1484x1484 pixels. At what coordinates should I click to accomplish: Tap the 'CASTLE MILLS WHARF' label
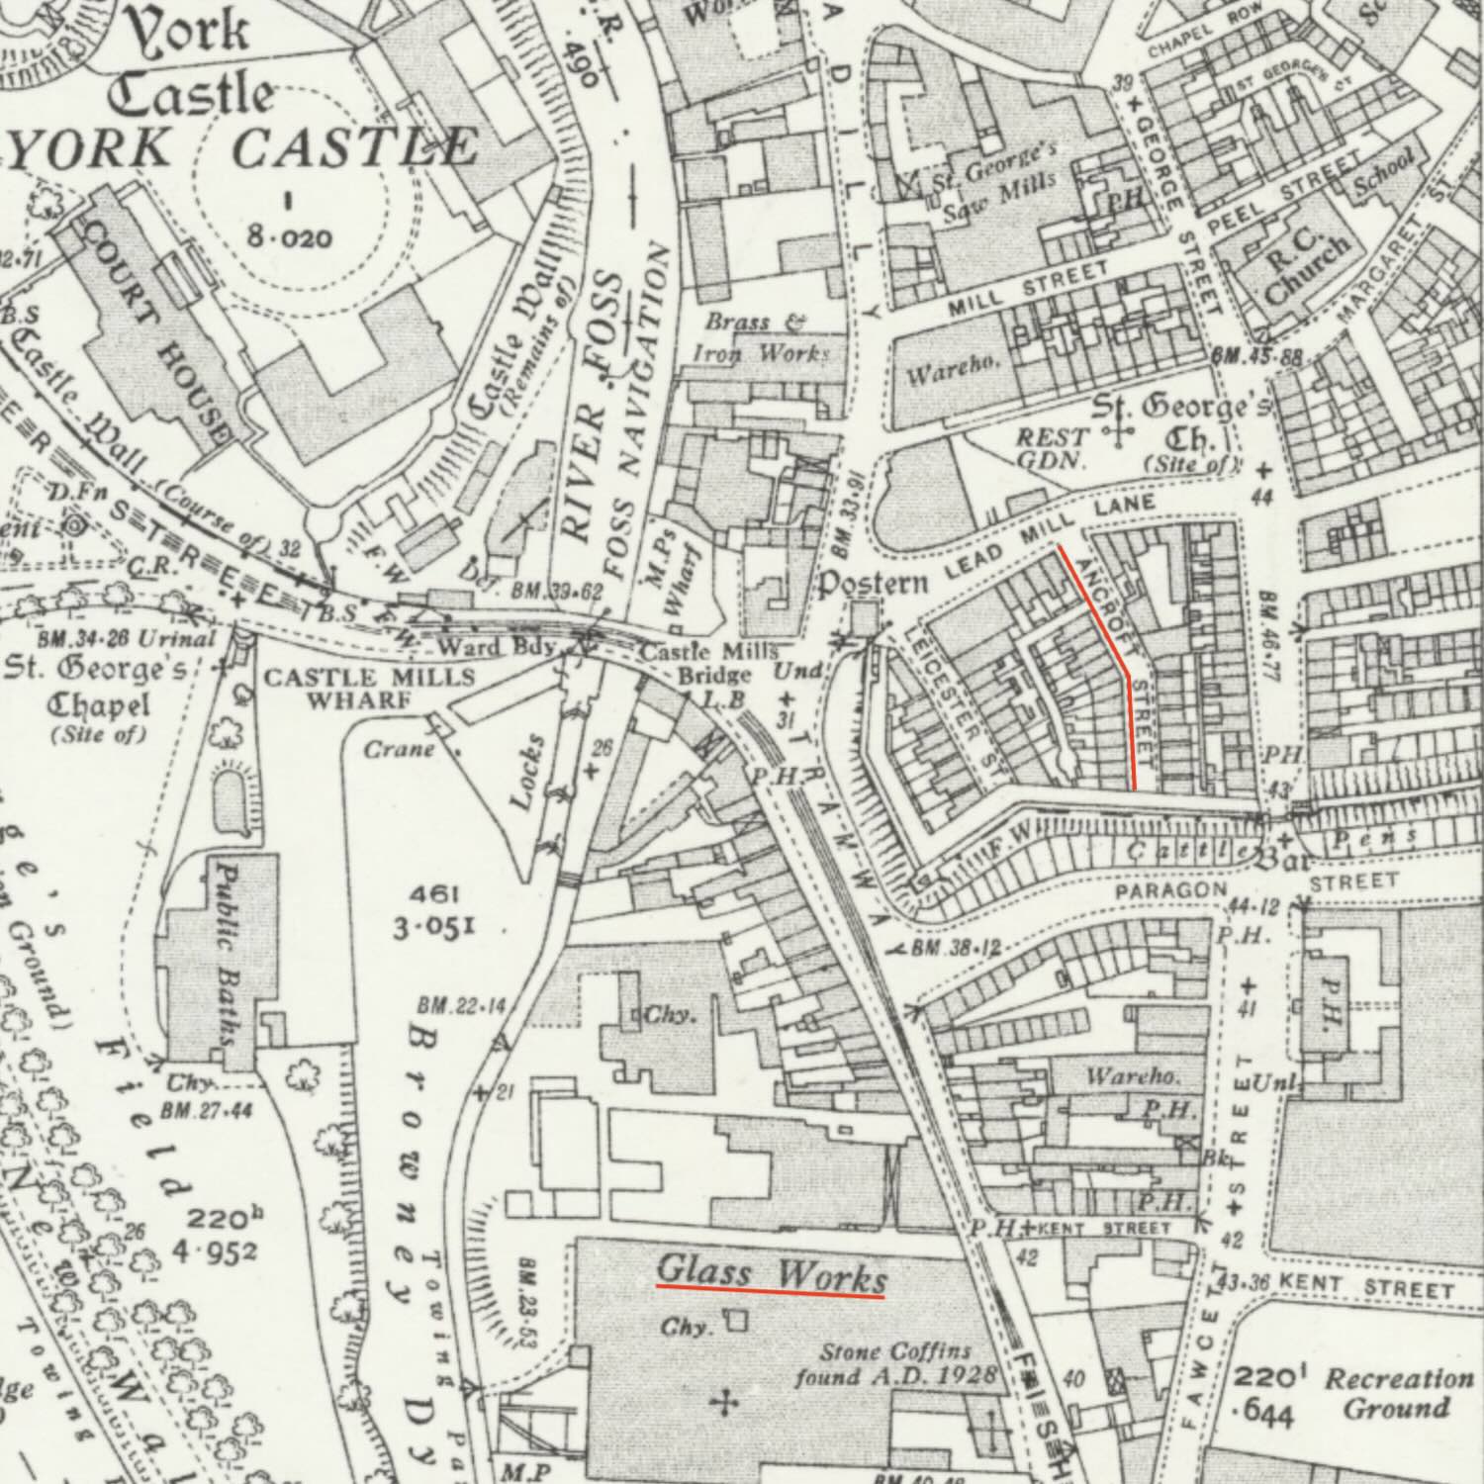pos(368,689)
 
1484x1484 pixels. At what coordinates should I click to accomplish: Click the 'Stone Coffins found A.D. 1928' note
pos(895,1363)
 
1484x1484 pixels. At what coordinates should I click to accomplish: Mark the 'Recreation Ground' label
pos(1398,1393)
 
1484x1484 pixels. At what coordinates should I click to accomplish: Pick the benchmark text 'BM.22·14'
pos(461,1006)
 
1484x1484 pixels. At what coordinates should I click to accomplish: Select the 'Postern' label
pos(872,585)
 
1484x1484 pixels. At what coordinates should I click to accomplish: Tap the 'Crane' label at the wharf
pos(399,749)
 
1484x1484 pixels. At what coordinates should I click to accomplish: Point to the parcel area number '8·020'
pos(290,237)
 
